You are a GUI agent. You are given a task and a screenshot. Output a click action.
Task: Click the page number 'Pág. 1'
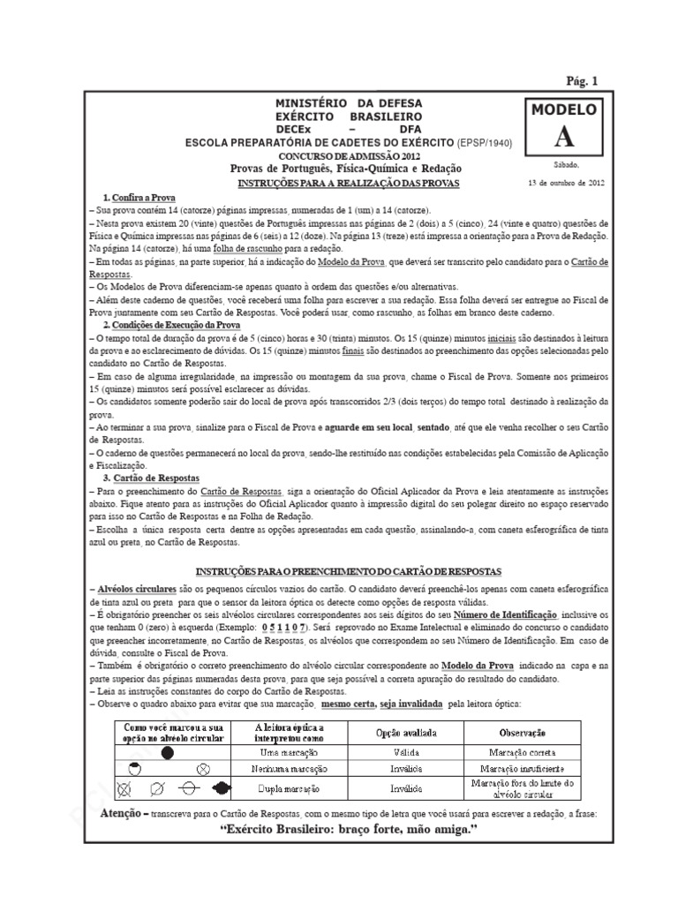[581, 80]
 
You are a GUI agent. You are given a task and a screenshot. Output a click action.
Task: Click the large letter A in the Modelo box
[562, 137]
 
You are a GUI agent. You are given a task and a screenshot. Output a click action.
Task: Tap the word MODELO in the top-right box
[562, 110]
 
